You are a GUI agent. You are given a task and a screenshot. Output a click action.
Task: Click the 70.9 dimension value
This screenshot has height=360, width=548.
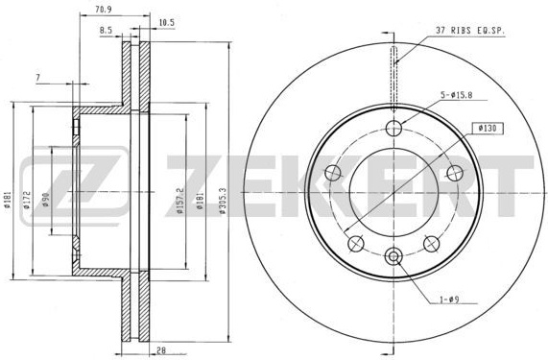103,10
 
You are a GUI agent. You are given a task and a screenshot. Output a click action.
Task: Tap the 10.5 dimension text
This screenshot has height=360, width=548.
166,23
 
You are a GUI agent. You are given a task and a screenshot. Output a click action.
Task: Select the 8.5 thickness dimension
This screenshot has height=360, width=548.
106,31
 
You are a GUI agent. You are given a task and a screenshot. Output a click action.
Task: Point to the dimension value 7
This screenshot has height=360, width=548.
38,78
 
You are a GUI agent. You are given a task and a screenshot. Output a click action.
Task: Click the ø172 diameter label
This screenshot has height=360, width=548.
27,200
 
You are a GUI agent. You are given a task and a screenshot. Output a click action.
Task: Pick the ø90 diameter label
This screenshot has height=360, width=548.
46,200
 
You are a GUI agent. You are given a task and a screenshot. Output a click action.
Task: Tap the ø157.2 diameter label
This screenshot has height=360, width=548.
179,201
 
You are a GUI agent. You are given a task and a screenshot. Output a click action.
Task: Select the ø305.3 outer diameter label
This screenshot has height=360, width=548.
223,201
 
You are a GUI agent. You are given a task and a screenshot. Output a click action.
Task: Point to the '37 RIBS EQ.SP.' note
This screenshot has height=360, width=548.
470,31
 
